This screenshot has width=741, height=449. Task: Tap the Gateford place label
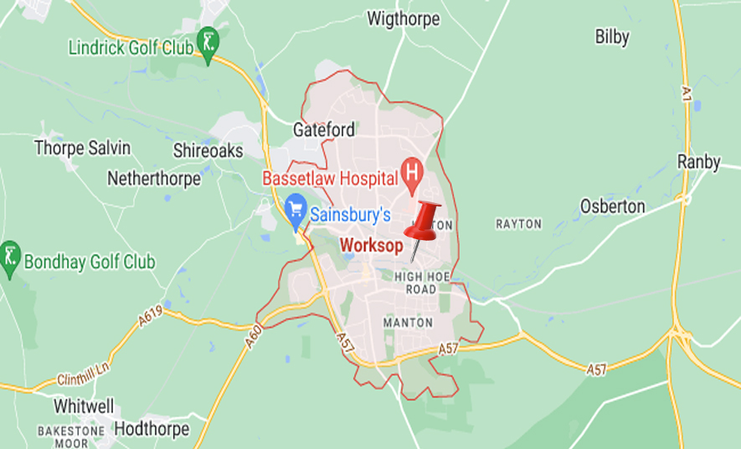(324, 130)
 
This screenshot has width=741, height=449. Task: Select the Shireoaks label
(208, 151)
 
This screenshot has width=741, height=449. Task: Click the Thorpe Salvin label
(82, 148)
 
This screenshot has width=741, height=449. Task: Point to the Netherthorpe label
(154, 178)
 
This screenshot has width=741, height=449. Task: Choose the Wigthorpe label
(404, 17)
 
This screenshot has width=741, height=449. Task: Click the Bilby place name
(612, 37)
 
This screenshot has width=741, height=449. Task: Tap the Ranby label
(698, 162)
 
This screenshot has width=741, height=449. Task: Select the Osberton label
(613, 206)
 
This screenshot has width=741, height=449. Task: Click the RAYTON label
(518, 224)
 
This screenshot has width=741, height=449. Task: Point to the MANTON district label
(408, 322)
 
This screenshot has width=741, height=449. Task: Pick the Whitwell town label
(83, 406)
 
